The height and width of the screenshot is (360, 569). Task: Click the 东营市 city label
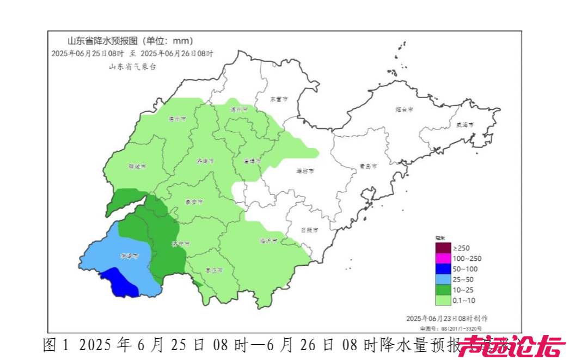279,99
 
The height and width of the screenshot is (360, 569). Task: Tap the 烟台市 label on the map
403,109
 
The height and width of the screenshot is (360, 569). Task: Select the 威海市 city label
464,125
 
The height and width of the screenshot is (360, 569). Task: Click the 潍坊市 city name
305,171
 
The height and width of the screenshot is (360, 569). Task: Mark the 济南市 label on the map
205,162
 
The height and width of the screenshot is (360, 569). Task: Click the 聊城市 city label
137,167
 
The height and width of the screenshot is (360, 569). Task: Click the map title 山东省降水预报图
103,41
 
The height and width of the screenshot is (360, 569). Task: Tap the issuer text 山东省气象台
133,66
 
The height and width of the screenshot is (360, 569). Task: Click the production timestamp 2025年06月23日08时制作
447,318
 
